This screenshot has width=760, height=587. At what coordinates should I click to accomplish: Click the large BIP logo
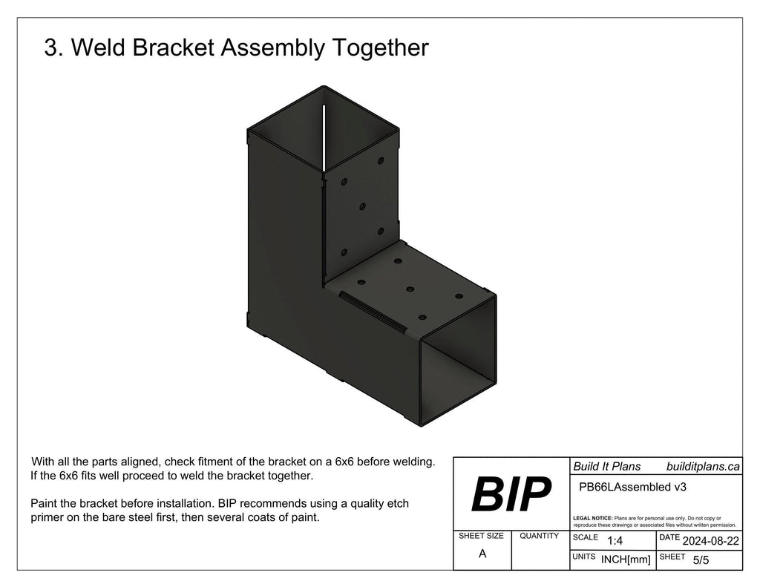511,495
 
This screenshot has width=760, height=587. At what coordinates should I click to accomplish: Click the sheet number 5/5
701,560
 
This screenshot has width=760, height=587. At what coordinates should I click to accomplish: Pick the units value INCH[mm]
625,560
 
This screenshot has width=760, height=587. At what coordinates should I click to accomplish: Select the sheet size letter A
482,554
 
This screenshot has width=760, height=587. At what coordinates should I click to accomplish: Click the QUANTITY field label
540,535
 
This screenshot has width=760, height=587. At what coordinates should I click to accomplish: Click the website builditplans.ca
703,465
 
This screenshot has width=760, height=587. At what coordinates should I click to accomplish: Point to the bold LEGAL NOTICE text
593,517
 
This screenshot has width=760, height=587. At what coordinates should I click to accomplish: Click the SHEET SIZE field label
481,535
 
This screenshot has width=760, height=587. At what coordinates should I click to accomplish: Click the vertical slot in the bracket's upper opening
324,137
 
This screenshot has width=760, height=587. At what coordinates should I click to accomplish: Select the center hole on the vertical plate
362,206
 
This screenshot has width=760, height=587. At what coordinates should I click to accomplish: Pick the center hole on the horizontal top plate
410,289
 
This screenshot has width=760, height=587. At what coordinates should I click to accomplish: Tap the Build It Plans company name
606,465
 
